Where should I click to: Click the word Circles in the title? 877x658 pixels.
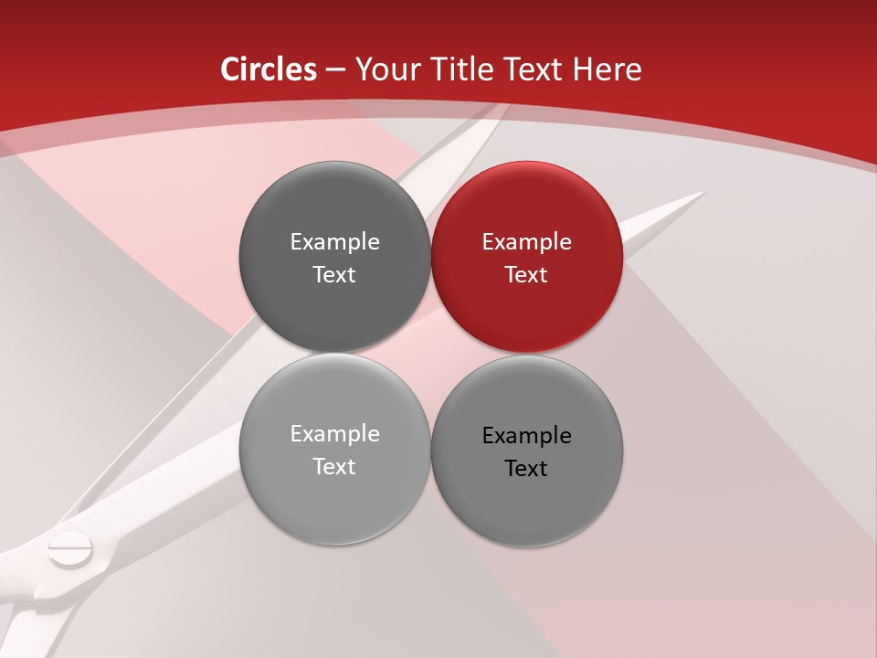[268, 69]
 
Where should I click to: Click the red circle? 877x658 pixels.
[527, 257]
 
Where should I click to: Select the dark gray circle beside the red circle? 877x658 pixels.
[334, 257]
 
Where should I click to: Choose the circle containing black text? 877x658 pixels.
[527, 451]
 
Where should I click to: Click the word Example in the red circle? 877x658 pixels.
[526, 242]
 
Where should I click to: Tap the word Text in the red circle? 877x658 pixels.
[526, 274]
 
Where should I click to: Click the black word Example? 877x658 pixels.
[526, 436]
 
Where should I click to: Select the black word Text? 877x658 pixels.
[526, 468]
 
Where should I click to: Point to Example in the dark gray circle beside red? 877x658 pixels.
[334, 242]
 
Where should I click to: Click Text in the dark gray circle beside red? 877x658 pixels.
[334, 274]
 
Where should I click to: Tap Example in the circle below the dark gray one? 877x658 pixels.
[334, 434]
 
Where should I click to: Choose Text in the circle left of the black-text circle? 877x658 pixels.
[334, 466]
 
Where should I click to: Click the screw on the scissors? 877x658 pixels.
[70, 550]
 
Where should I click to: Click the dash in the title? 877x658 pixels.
[335, 70]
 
